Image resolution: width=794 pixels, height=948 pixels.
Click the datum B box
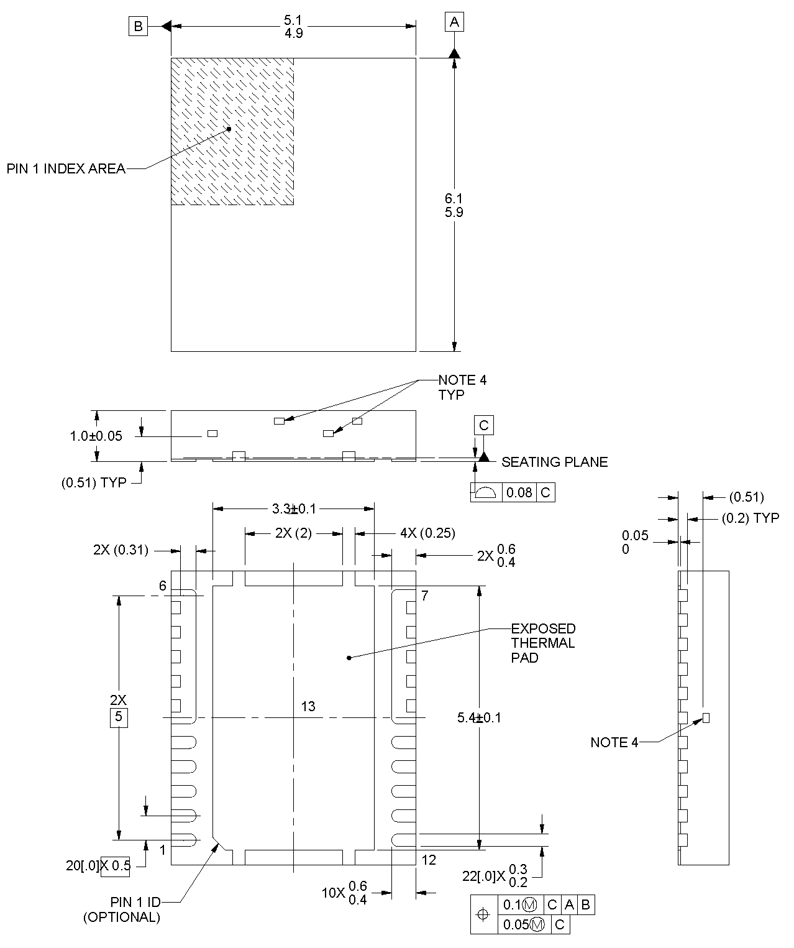click(138, 26)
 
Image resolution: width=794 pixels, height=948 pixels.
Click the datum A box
click(454, 22)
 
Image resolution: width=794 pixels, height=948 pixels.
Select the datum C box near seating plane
click(483, 425)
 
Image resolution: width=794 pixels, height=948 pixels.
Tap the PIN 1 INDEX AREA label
click(66, 168)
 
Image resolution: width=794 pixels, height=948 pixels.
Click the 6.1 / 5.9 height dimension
click(454, 205)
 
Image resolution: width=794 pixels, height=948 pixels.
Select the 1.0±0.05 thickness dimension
click(96, 436)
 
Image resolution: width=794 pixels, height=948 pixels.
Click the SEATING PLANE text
click(554, 462)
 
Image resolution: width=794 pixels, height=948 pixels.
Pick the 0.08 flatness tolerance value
click(519, 493)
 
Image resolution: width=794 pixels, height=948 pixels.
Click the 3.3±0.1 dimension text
click(293, 509)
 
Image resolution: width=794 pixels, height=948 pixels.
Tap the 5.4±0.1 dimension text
click(479, 717)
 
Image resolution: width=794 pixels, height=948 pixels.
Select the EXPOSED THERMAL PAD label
click(543, 643)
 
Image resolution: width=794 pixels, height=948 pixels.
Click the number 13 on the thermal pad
click(308, 706)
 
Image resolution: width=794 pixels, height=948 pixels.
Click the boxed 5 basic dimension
click(119, 717)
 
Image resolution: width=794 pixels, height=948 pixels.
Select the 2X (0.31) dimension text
click(121, 550)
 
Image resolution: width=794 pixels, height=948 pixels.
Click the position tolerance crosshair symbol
click(484, 914)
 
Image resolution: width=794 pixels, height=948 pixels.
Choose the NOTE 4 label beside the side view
click(614, 742)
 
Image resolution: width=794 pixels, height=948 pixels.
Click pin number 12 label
click(429, 860)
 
